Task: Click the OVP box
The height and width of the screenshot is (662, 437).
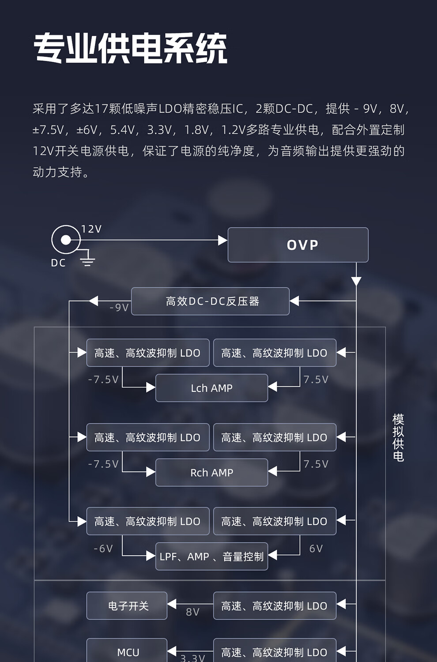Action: coord(298,244)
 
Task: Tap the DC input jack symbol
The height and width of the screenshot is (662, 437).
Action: coord(66,240)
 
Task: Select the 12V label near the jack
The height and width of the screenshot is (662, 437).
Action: coord(91,229)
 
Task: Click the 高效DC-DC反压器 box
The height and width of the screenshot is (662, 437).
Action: coord(210,301)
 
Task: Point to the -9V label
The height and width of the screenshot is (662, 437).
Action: coord(119,308)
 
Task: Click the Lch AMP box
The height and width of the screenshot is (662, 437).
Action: coord(212,388)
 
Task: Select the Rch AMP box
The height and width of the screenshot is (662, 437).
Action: coord(212,472)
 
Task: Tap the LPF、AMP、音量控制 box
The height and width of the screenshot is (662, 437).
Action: coord(212,556)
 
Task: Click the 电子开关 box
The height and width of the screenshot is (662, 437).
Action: coord(127,606)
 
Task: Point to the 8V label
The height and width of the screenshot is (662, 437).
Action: coord(193,612)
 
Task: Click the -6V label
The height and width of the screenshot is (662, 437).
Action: coord(103,549)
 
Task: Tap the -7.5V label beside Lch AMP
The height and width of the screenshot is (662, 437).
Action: coord(103,380)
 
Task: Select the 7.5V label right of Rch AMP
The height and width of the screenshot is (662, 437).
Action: coord(316,464)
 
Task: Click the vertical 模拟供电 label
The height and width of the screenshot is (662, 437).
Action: coord(398,437)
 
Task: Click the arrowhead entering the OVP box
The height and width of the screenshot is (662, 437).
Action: coord(222,240)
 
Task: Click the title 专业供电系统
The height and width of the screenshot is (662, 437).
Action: coord(130,48)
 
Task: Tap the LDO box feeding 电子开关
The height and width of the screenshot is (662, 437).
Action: coord(275,606)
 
